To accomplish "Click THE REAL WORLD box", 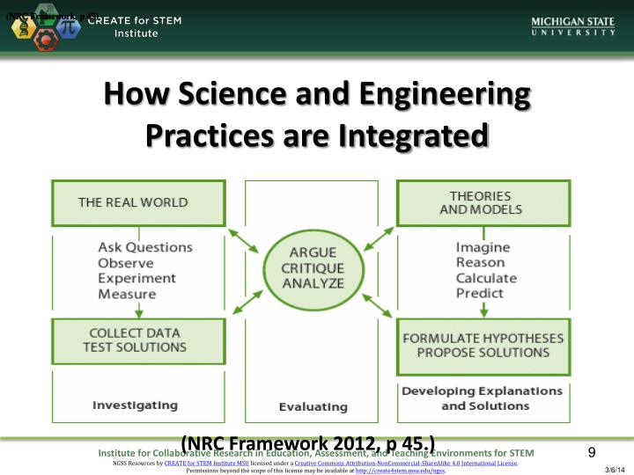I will [133, 202].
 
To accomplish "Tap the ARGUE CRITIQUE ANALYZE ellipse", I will [313, 267].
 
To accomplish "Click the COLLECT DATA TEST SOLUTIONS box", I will [133, 340].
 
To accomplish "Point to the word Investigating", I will [135, 406].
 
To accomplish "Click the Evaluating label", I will [313, 406].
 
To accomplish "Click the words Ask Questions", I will [144, 247].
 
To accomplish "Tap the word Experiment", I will [136, 278].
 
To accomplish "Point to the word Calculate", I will [486, 278].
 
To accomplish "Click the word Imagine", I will [483, 247].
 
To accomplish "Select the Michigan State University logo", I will [572, 26].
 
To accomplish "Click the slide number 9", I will [592, 452].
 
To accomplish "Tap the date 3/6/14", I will [615, 470].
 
